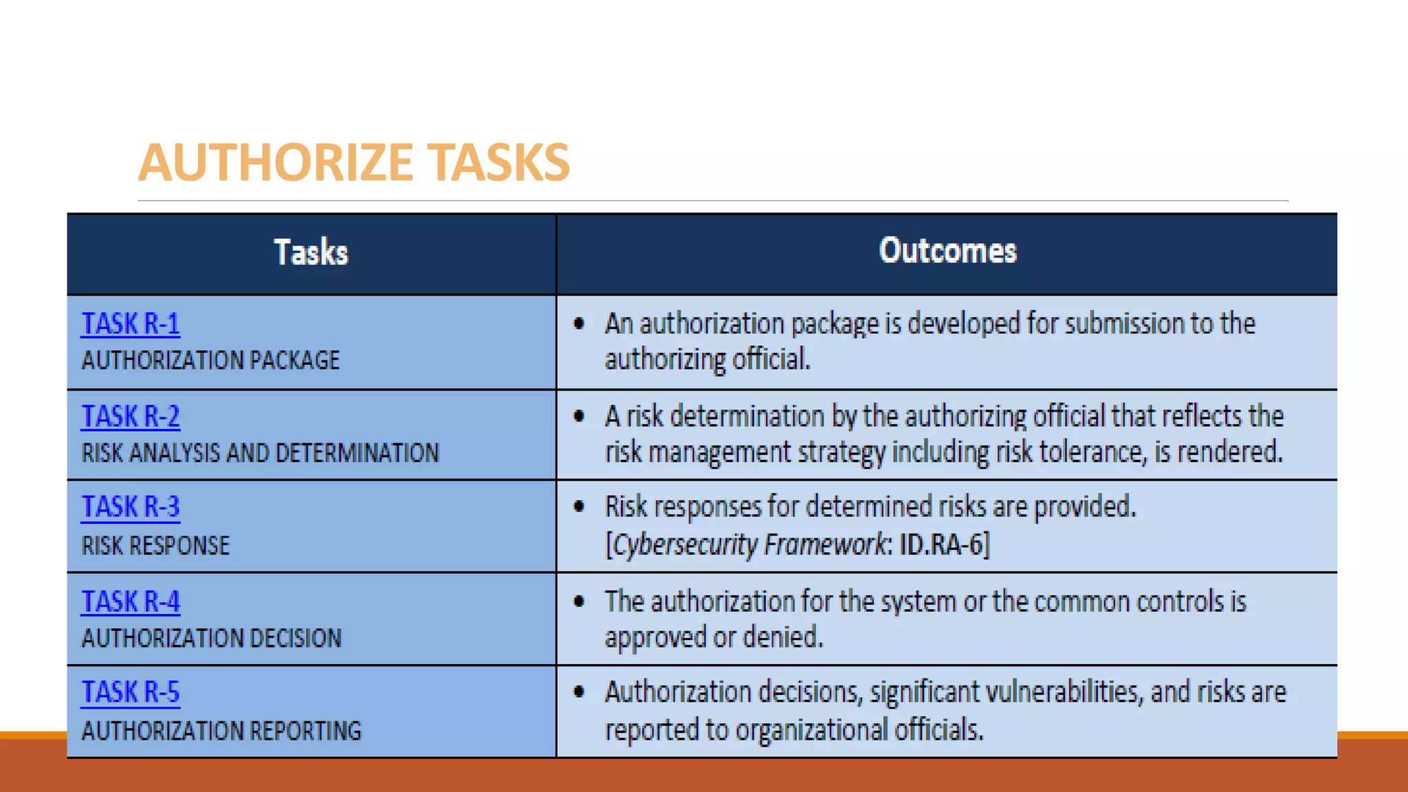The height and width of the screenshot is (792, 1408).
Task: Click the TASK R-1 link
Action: coord(131,324)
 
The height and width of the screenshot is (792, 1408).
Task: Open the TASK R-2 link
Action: coord(131,417)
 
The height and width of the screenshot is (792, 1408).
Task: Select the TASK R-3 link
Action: coord(131,507)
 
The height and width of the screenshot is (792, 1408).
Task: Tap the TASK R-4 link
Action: coord(131,602)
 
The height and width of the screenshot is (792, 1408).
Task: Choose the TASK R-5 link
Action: coord(131,692)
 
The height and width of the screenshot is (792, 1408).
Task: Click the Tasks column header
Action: coord(311,252)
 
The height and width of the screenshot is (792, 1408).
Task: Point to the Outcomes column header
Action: coord(947,251)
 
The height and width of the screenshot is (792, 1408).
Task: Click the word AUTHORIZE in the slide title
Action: coord(275,163)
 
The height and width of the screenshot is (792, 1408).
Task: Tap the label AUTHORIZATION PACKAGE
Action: coord(210,360)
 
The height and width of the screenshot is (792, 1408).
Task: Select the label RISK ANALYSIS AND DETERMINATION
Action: coord(260,453)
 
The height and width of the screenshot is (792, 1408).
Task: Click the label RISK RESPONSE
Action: coord(155,546)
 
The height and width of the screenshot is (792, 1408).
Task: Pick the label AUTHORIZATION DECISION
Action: coord(211,638)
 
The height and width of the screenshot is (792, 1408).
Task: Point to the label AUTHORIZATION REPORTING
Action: coord(221,731)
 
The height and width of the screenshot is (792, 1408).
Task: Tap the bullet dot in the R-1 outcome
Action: coord(580,323)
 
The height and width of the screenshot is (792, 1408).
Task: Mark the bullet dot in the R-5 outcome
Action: coord(580,692)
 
